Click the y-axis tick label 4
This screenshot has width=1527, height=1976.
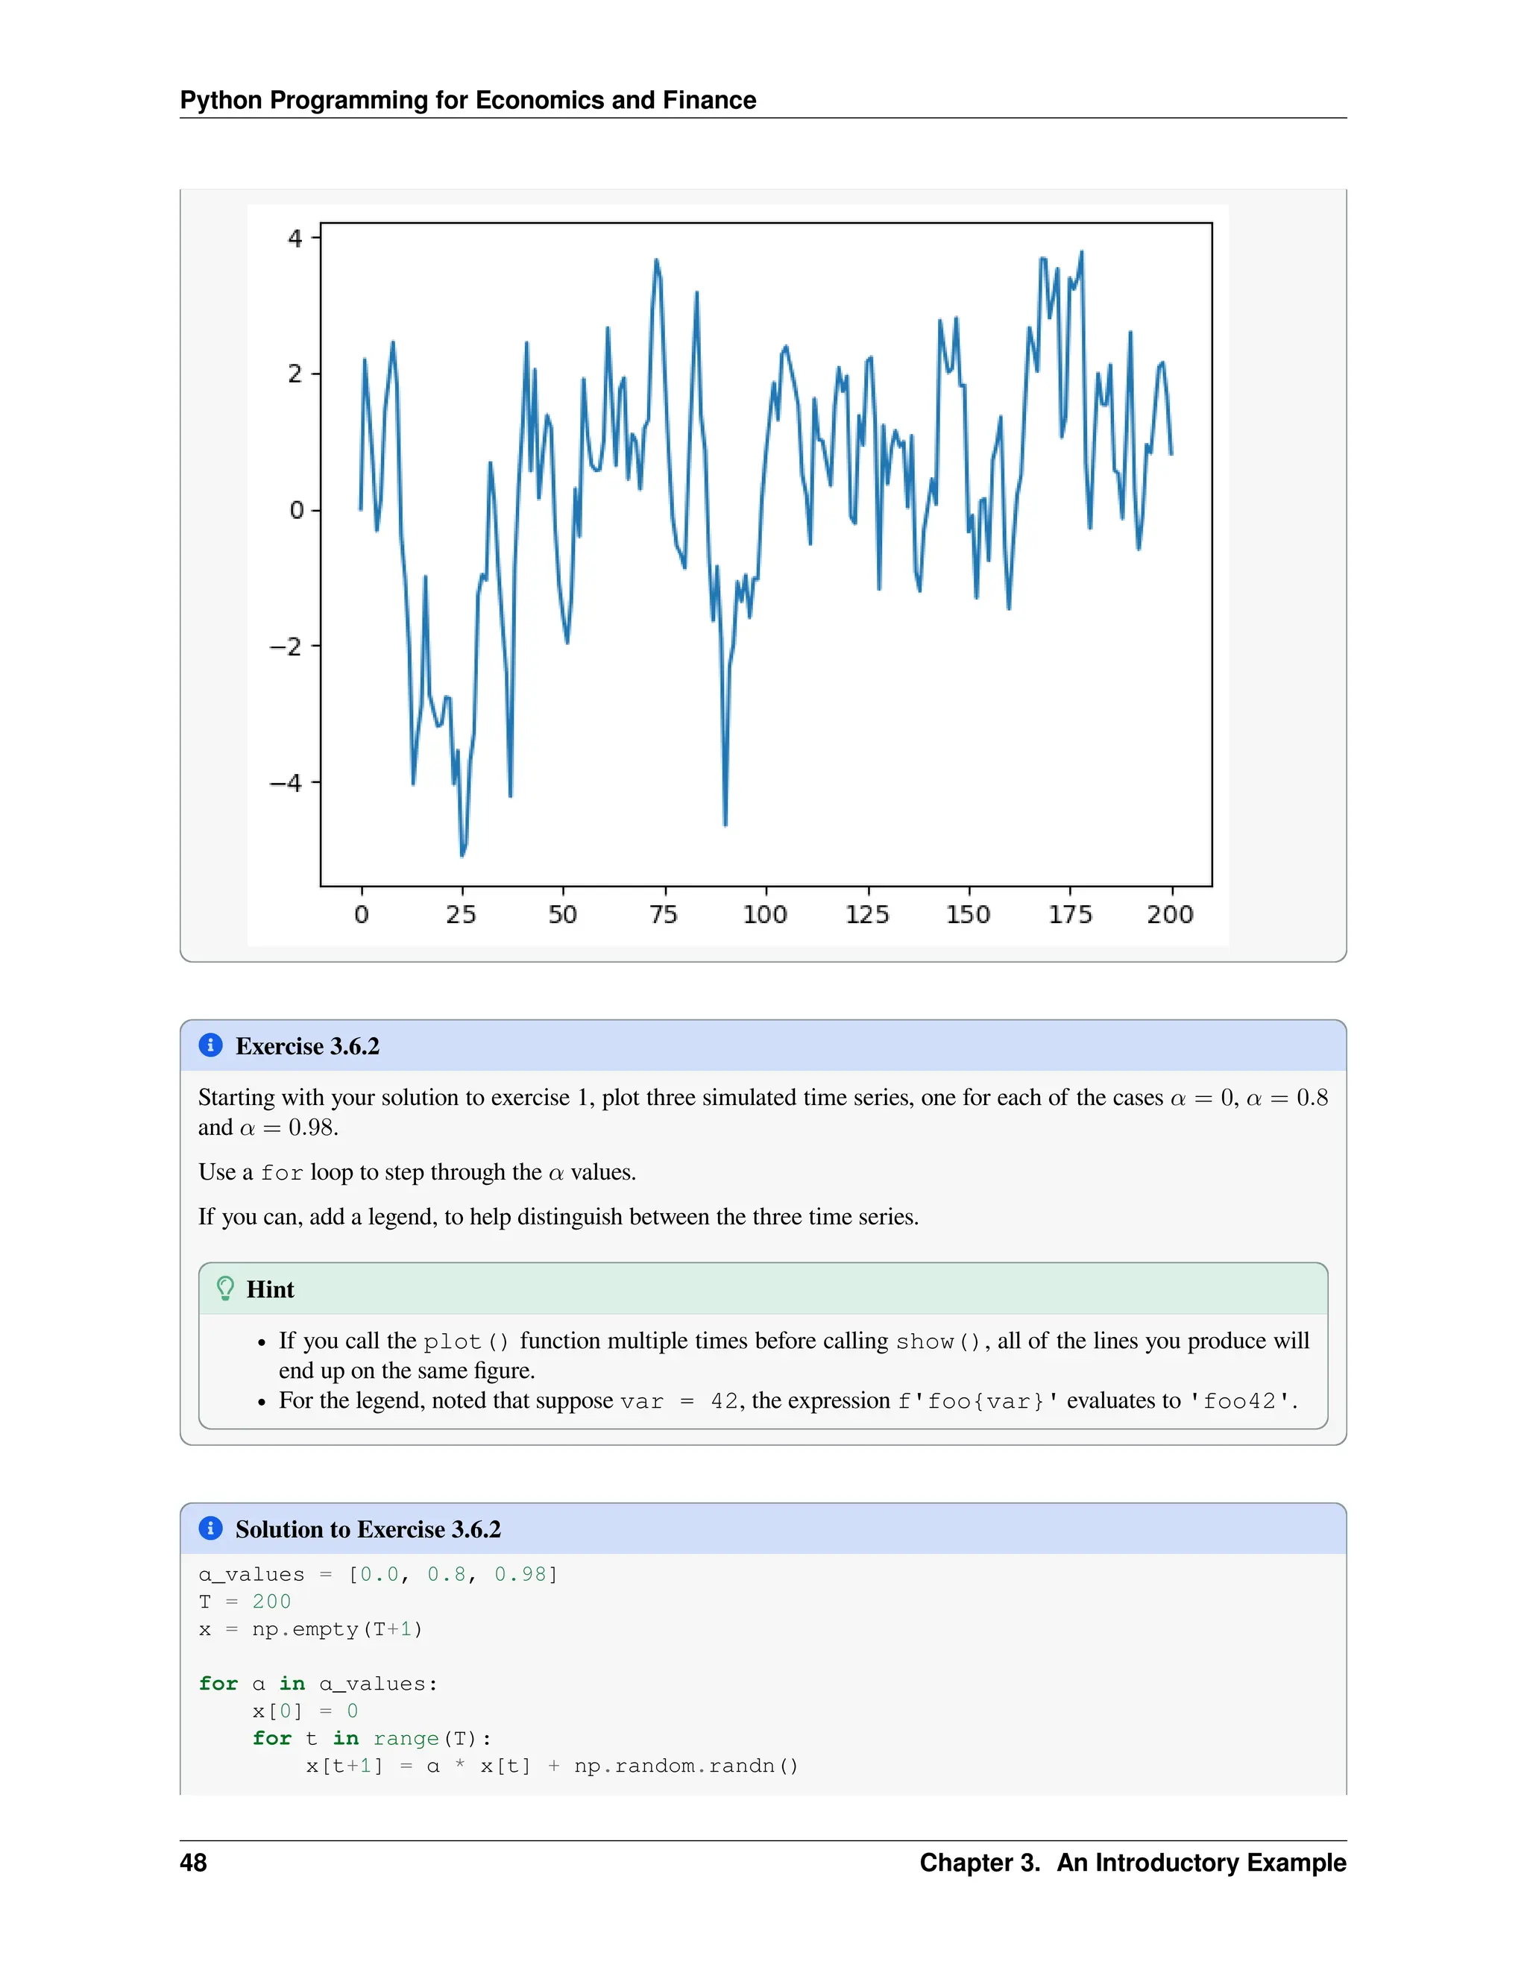point(295,239)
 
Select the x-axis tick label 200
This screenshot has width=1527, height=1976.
point(1170,915)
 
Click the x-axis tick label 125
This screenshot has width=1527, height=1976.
point(866,915)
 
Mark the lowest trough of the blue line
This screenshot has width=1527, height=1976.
point(462,853)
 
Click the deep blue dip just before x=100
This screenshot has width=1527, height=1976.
point(725,823)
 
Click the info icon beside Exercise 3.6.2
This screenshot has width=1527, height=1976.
point(210,1045)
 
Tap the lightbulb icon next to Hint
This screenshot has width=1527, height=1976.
point(225,1289)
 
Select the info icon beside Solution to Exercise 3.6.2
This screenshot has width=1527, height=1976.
point(210,1528)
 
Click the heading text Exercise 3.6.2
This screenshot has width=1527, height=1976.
point(308,1046)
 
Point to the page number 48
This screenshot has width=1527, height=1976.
point(194,1863)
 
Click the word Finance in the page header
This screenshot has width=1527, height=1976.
point(708,99)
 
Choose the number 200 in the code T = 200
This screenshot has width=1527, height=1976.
point(271,1602)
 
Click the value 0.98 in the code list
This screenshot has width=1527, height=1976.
point(520,1574)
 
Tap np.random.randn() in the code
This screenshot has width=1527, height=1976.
point(686,1766)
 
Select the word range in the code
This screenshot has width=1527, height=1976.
point(406,1739)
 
